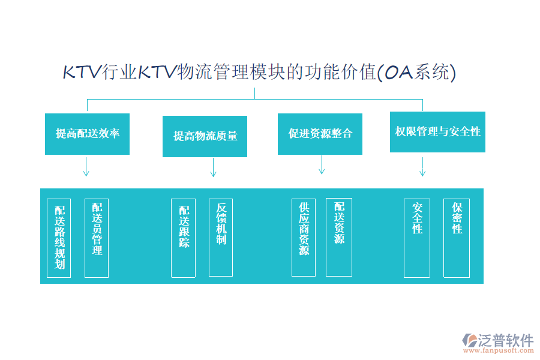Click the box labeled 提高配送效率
87,133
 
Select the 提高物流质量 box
205,136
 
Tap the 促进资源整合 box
320,134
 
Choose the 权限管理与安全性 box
437,131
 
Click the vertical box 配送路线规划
59,238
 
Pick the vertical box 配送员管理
97,238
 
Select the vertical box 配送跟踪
183,238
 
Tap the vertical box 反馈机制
221,238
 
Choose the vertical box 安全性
417,238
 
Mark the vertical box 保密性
457,238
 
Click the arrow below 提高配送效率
86,166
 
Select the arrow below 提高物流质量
213,167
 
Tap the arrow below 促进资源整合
322,164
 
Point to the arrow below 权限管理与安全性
422,166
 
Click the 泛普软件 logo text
505,340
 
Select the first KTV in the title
82,73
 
